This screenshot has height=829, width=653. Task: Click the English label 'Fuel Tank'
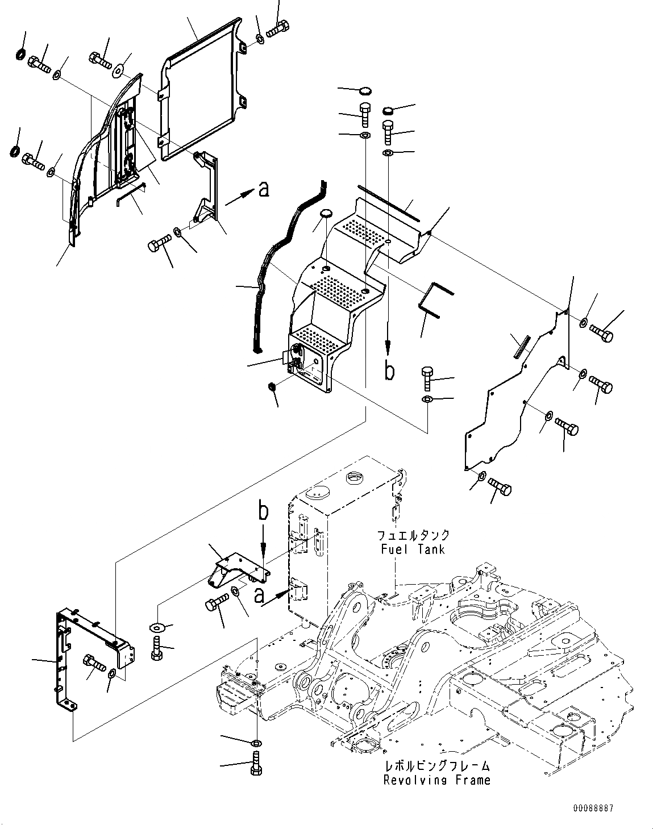[413, 549]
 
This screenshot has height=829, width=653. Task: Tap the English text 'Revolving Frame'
[436, 780]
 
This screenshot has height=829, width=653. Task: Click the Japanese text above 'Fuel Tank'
[413, 535]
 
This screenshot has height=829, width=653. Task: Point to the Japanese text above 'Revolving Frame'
[436, 766]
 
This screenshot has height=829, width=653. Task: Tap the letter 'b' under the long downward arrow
[389, 371]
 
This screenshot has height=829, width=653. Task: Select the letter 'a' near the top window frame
[263, 189]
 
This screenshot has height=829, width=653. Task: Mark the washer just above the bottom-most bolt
[256, 743]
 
